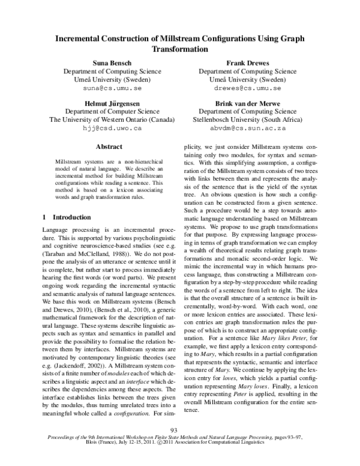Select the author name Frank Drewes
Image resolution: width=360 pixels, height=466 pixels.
coord(248,62)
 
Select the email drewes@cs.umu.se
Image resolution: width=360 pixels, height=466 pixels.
coord(248,87)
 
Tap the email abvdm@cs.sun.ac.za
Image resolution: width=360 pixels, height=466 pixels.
coord(248,128)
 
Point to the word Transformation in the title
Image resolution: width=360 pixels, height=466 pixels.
coord(180,49)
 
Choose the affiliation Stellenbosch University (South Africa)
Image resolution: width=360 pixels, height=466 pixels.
coord(248,120)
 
